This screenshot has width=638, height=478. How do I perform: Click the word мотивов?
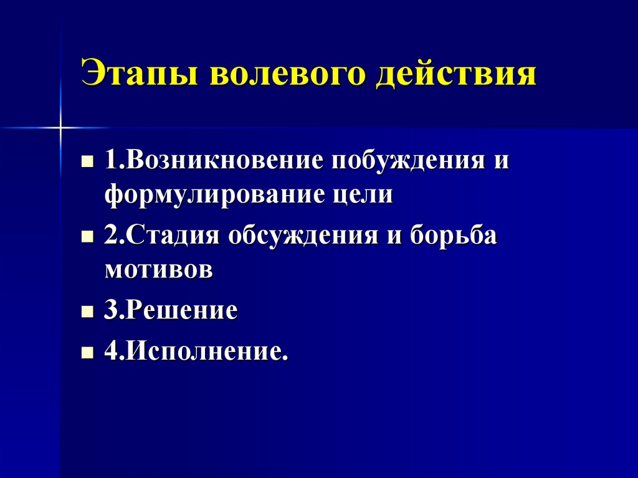pyautogui.click(x=159, y=271)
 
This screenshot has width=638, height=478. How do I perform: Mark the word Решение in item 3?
pyautogui.click(x=181, y=310)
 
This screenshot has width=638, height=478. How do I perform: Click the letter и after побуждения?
pyautogui.click(x=502, y=161)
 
